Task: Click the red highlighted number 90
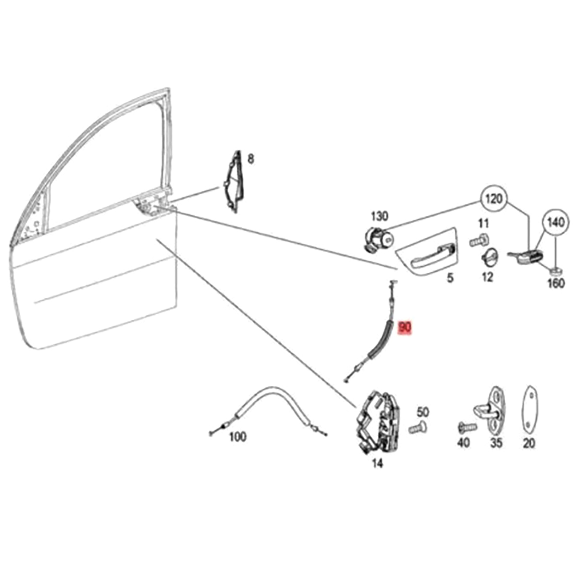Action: (x=405, y=328)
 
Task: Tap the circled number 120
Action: (x=494, y=199)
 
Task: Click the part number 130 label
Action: (x=379, y=217)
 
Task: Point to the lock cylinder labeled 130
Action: (x=378, y=239)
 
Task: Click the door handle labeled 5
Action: (x=427, y=252)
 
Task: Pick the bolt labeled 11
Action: (x=478, y=240)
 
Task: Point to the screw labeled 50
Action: (x=417, y=428)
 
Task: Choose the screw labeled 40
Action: (x=466, y=428)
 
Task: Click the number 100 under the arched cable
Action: (x=237, y=437)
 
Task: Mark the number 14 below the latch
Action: (x=377, y=463)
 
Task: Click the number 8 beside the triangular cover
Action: (x=250, y=159)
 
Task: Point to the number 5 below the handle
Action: (x=450, y=278)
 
